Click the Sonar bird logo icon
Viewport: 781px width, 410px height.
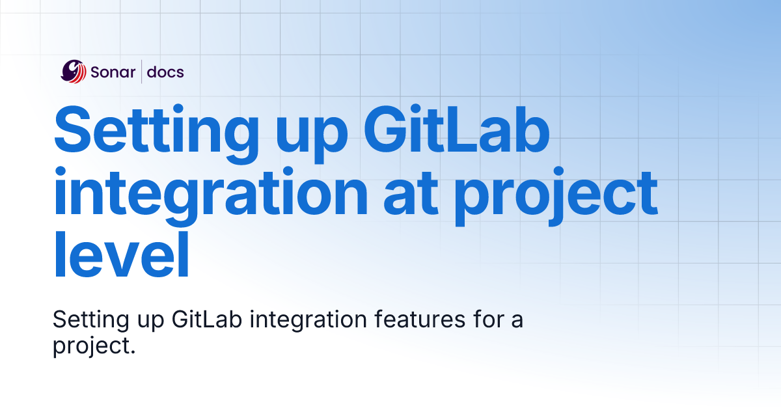click(74, 72)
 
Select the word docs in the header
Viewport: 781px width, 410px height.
click(165, 72)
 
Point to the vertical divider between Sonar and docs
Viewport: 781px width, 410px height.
click(142, 72)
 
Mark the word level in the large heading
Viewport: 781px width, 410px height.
click(121, 254)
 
